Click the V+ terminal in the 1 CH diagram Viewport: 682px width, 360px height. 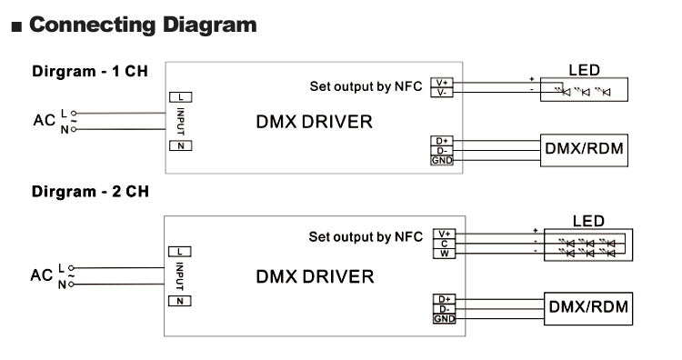442,83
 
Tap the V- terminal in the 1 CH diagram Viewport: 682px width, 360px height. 442,92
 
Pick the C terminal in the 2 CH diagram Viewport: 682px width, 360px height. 445,243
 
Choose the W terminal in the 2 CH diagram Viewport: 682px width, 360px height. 445,253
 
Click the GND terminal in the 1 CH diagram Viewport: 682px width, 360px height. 442,161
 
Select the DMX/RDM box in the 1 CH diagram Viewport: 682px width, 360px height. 584,149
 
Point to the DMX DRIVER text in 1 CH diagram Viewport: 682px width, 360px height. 314,122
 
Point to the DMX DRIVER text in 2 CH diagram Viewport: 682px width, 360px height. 314,276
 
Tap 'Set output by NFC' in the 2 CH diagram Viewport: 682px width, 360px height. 366,237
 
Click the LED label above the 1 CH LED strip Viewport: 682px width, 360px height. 584,69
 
